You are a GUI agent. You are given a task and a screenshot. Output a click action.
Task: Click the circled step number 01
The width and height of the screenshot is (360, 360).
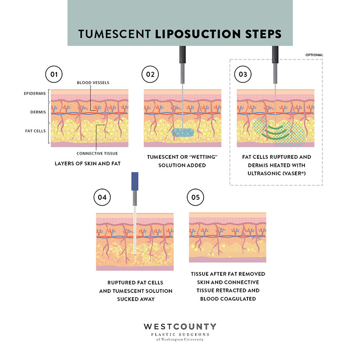54,74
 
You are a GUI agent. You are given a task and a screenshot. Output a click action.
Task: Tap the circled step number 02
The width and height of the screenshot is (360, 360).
149,74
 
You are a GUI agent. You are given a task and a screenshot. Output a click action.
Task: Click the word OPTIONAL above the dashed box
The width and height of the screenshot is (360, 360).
314,55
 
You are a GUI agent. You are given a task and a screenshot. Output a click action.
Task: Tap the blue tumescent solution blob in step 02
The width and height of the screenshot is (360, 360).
184,133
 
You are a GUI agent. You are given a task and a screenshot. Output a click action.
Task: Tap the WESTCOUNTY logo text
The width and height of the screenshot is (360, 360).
180,326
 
